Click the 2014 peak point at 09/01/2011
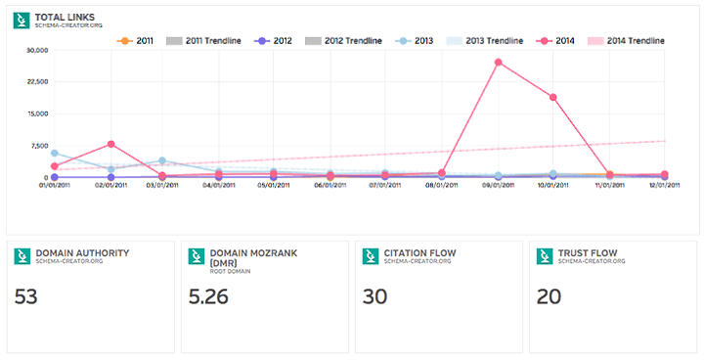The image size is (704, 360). pos(499,63)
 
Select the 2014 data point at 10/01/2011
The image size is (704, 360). pos(553,97)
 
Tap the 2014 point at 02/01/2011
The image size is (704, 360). pos(110,144)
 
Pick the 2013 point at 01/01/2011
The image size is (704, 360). pos(55,153)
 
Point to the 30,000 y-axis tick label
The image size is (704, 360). pos(34,51)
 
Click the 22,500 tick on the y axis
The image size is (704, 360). pos(34,82)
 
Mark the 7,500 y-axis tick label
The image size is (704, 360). pos(37,146)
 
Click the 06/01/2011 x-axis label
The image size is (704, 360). pos(330,185)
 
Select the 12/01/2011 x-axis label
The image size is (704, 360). pos(664,185)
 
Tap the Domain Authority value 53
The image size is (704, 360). pos(27,296)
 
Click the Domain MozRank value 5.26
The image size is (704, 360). pos(209,296)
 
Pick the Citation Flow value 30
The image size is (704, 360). pos(375,296)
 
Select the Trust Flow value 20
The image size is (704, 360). pos(550,296)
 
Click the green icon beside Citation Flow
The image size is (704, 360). pos(369,255)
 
